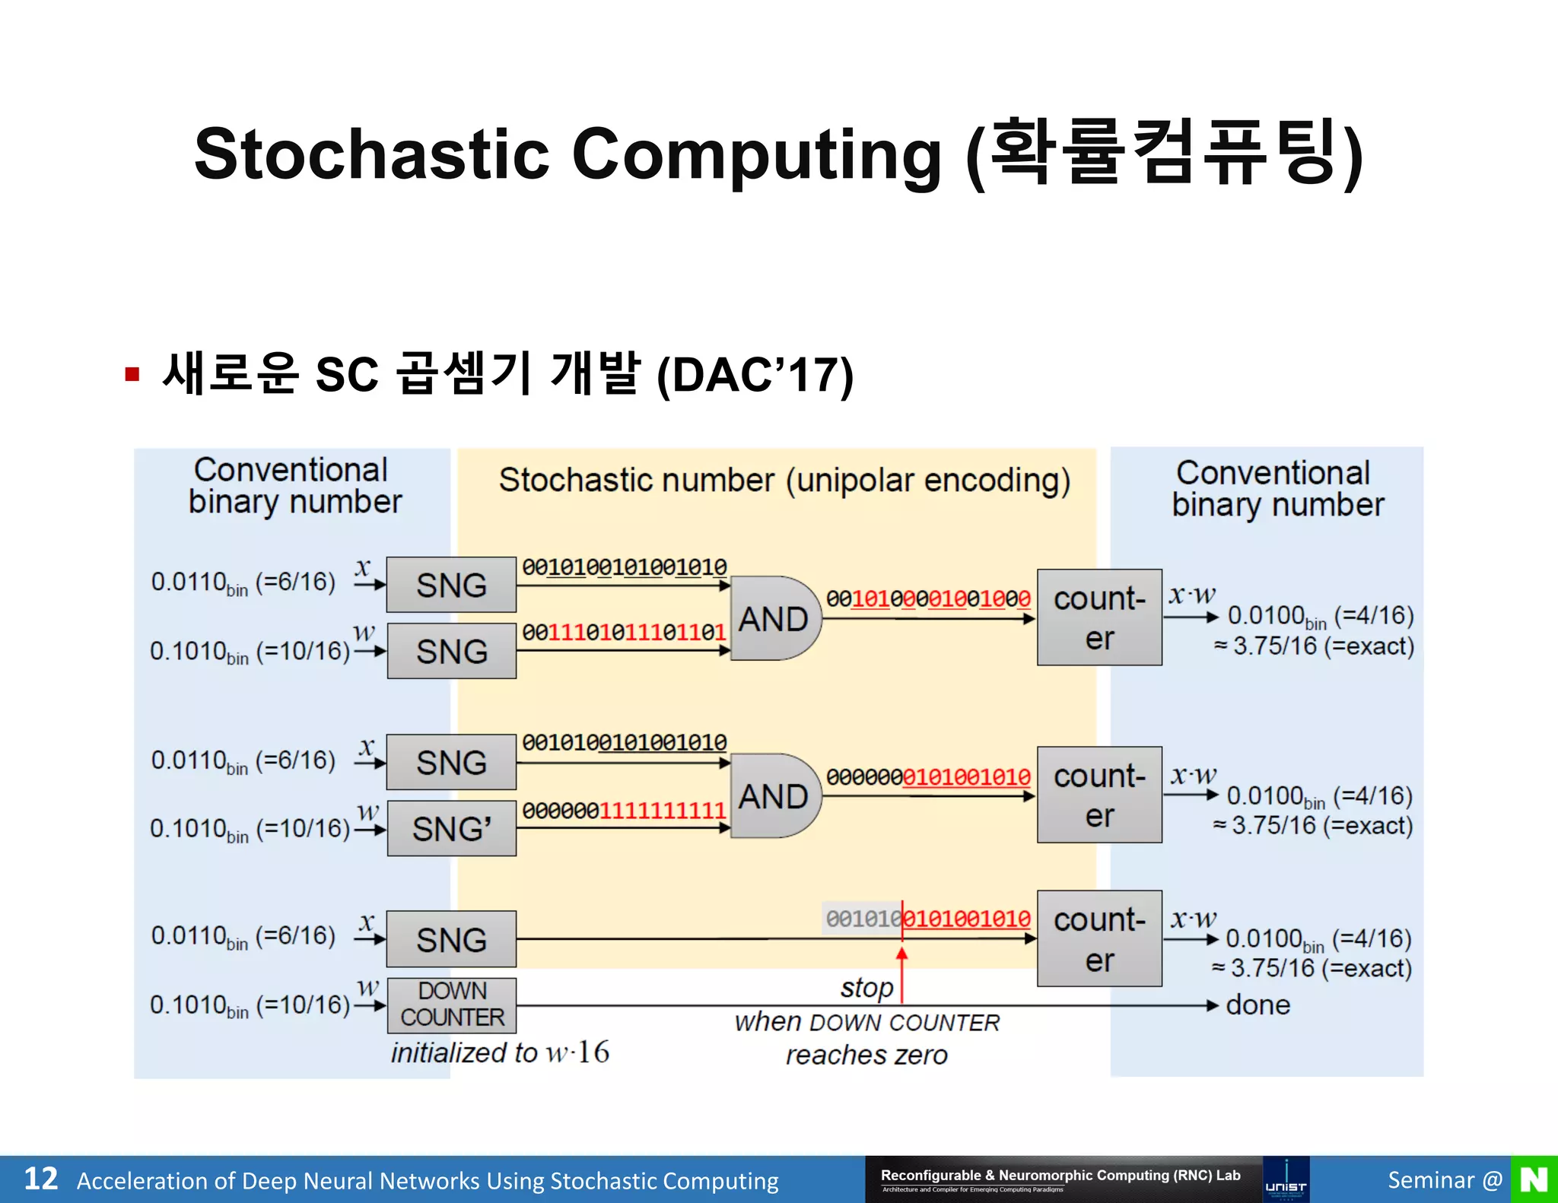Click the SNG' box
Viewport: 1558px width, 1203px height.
point(451,828)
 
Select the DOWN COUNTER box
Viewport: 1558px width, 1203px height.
point(451,1005)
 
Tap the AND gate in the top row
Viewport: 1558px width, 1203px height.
point(774,618)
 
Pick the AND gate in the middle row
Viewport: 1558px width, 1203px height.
point(774,796)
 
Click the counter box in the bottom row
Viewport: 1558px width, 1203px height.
point(1099,939)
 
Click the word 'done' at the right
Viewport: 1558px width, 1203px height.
point(1258,1005)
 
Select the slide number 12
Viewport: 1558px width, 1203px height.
point(40,1179)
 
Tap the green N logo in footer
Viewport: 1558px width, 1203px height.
point(1534,1179)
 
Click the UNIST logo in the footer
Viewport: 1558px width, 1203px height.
point(1286,1179)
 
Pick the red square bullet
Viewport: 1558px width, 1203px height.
point(132,374)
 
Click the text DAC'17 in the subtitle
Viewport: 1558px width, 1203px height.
point(755,376)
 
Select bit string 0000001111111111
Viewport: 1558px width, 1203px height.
point(624,811)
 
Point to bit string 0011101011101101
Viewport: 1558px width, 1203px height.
point(624,633)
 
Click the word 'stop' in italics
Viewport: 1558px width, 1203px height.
point(866,988)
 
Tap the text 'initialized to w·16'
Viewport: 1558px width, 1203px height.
point(500,1052)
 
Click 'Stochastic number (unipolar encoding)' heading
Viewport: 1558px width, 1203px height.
point(784,481)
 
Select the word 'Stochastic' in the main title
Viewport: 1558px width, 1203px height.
point(371,154)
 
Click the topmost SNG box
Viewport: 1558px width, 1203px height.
point(451,585)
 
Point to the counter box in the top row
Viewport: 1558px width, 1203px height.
point(1099,617)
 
